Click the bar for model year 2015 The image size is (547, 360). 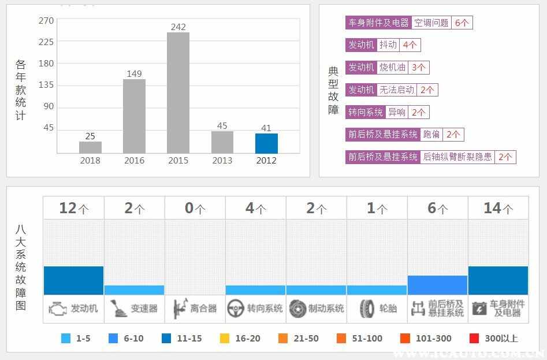[178, 92]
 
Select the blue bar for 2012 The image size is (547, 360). [266, 143]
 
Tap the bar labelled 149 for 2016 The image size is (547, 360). [134, 116]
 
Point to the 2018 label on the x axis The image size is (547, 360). [90, 161]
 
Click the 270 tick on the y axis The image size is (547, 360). [46, 21]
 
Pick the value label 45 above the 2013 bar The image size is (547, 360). [222, 125]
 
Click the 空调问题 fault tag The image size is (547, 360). [431, 23]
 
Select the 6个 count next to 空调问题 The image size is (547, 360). [462, 23]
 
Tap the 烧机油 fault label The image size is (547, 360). [393, 68]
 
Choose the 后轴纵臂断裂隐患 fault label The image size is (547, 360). [457, 157]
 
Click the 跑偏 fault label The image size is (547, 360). [431, 135]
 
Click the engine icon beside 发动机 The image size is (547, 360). [57, 309]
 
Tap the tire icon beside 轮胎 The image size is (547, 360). [367, 309]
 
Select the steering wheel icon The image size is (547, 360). [235, 309]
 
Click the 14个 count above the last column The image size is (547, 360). [498, 208]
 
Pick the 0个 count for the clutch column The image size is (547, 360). [195, 208]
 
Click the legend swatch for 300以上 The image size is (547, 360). [474, 339]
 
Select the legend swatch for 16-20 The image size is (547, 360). [225, 339]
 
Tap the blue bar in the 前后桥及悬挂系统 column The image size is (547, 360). [437, 285]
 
